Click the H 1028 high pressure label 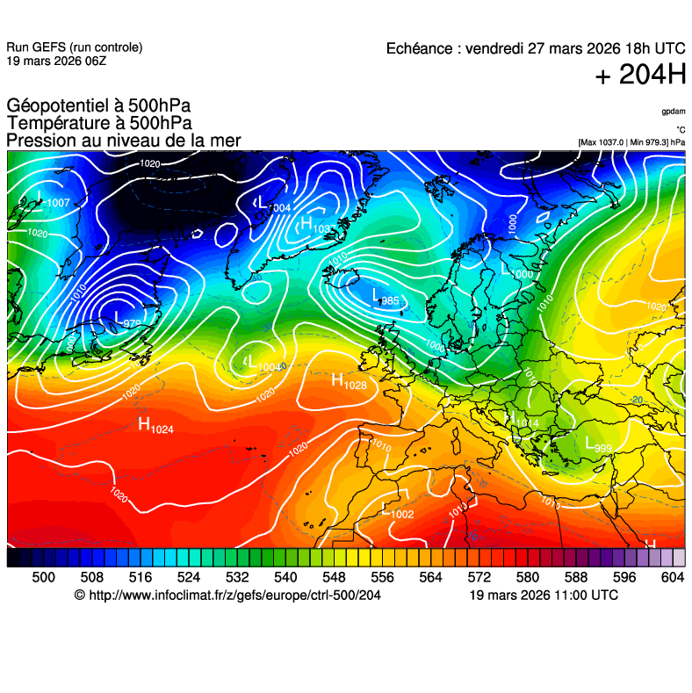349,381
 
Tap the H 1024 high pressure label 156,426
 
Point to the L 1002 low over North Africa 398,511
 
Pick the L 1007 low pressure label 54,201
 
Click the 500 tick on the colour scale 43,576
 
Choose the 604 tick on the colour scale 673,576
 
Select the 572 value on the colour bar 479,576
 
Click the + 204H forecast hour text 640,76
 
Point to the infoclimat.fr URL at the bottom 228,596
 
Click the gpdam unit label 674,112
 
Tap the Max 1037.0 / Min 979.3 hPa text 631,141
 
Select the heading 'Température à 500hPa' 99,123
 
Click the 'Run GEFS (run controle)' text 74,47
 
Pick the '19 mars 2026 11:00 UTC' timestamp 544,596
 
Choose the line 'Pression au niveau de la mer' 123,141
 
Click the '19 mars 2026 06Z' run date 56,61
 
